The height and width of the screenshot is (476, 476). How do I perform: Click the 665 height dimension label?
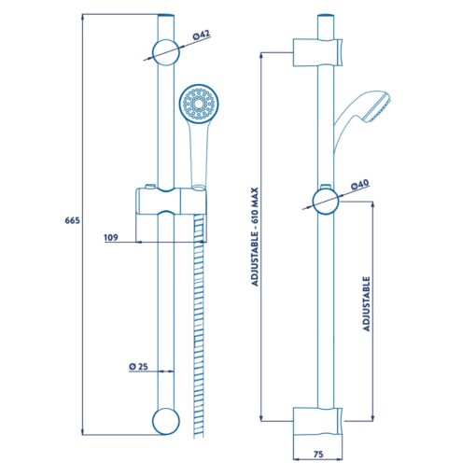[72, 220]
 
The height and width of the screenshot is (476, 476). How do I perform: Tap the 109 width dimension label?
[111, 237]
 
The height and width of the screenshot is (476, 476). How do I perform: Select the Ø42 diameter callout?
[202, 35]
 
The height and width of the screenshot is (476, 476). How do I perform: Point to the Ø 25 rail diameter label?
[138, 367]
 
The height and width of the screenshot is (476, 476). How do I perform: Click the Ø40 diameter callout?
[360, 185]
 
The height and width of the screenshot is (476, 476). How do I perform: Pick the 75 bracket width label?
[318, 455]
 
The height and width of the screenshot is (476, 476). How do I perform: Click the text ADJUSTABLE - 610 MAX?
[255, 236]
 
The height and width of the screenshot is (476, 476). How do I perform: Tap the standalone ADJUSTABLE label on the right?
[367, 303]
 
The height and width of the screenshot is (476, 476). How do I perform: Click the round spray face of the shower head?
[199, 104]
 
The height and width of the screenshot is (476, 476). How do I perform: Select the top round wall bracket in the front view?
[166, 52]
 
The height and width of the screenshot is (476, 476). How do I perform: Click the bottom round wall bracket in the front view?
[166, 421]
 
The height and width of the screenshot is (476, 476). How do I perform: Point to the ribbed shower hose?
[199, 327]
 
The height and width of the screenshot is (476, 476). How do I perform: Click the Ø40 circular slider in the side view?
[326, 202]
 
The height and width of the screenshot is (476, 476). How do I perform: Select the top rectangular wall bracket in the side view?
[317, 52]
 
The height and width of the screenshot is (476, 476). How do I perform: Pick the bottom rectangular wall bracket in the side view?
[317, 421]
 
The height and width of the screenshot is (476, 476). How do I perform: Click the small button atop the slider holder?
[150, 187]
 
